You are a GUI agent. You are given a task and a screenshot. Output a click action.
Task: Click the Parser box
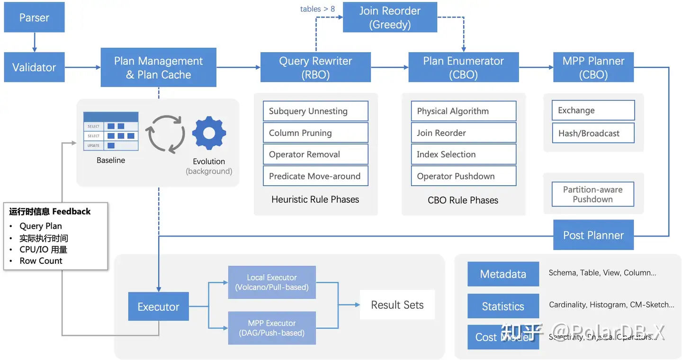[34, 18]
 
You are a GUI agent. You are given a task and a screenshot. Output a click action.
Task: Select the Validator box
[34, 68]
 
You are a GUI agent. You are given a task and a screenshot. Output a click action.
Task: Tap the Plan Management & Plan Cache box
[158, 68]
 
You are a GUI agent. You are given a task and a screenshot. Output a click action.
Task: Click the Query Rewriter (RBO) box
[315, 68]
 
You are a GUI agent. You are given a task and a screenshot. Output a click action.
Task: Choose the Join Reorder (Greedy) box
[390, 18]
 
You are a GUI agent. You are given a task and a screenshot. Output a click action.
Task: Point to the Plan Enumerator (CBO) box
[464, 68]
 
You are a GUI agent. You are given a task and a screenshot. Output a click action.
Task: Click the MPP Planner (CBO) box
[593, 68]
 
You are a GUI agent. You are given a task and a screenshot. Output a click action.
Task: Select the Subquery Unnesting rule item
[315, 111]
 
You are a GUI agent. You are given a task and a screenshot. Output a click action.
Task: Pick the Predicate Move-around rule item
[315, 176]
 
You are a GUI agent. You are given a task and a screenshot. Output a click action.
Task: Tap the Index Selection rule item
[464, 154]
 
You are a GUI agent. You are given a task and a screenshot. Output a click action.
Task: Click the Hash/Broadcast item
[593, 133]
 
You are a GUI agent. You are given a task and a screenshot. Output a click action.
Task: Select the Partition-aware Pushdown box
[593, 194]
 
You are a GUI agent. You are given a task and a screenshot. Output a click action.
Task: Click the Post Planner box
[593, 235]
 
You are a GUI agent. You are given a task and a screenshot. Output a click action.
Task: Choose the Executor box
[158, 307]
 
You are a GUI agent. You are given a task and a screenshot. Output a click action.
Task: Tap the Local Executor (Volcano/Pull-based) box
[272, 282]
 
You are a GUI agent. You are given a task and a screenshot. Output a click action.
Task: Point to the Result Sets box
[397, 305]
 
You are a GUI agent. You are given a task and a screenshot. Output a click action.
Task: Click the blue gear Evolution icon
[209, 133]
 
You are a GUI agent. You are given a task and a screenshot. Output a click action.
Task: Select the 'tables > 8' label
[317, 9]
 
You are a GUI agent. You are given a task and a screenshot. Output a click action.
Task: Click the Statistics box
[503, 306]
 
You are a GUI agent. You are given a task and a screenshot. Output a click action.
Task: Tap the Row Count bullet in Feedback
[41, 261]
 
